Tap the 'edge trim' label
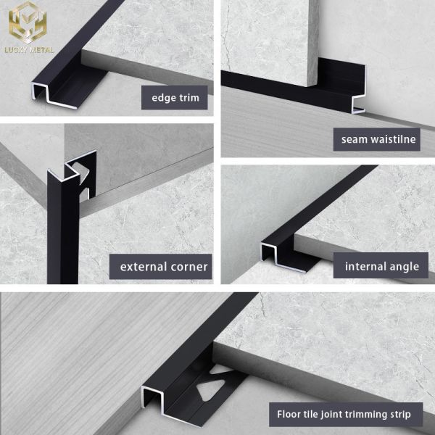[175, 97]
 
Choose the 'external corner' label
[163, 266]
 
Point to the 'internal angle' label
[381, 266]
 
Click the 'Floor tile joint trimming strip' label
[344, 415]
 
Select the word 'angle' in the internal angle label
[403, 266]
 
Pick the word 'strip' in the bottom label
[398, 415]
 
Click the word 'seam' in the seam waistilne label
[356, 138]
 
